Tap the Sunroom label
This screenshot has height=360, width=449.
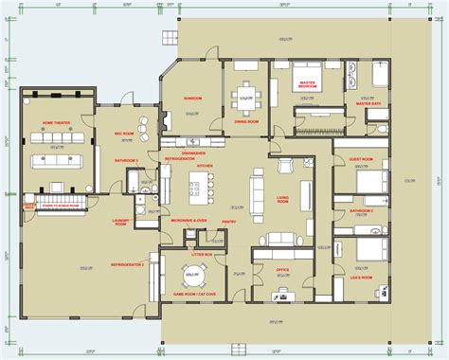pyautogui.click(x=193, y=97)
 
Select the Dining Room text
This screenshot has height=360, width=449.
pyautogui.click(x=246, y=121)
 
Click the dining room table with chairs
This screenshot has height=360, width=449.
pyautogui.click(x=247, y=93)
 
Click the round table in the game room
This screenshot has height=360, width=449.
pyautogui.click(x=193, y=279)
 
